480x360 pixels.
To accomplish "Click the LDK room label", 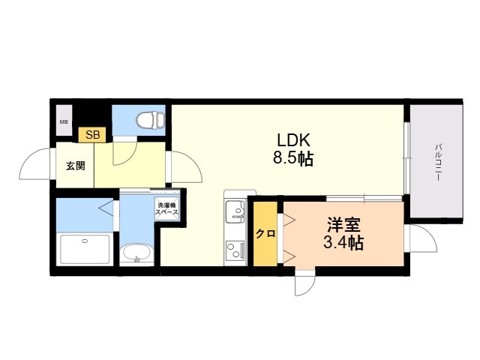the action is [x=293, y=140].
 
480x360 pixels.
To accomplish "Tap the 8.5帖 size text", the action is [x=293, y=158].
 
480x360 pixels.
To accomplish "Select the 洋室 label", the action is [x=343, y=225].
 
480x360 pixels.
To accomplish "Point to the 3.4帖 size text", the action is [x=343, y=243].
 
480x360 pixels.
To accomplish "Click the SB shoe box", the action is [x=92, y=135].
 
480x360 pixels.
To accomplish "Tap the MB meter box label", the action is [x=64, y=121].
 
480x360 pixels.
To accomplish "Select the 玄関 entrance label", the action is [x=76, y=166].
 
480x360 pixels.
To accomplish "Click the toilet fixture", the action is [x=151, y=120].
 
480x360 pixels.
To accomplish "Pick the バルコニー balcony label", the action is [x=438, y=162].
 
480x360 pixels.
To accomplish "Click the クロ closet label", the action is [x=265, y=234].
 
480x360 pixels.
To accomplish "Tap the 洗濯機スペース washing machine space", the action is [x=166, y=208].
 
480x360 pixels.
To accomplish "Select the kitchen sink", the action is [x=235, y=211].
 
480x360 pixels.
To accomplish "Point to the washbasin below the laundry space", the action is [x=136, y=253].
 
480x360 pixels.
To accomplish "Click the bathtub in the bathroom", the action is [x=85, y=249].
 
